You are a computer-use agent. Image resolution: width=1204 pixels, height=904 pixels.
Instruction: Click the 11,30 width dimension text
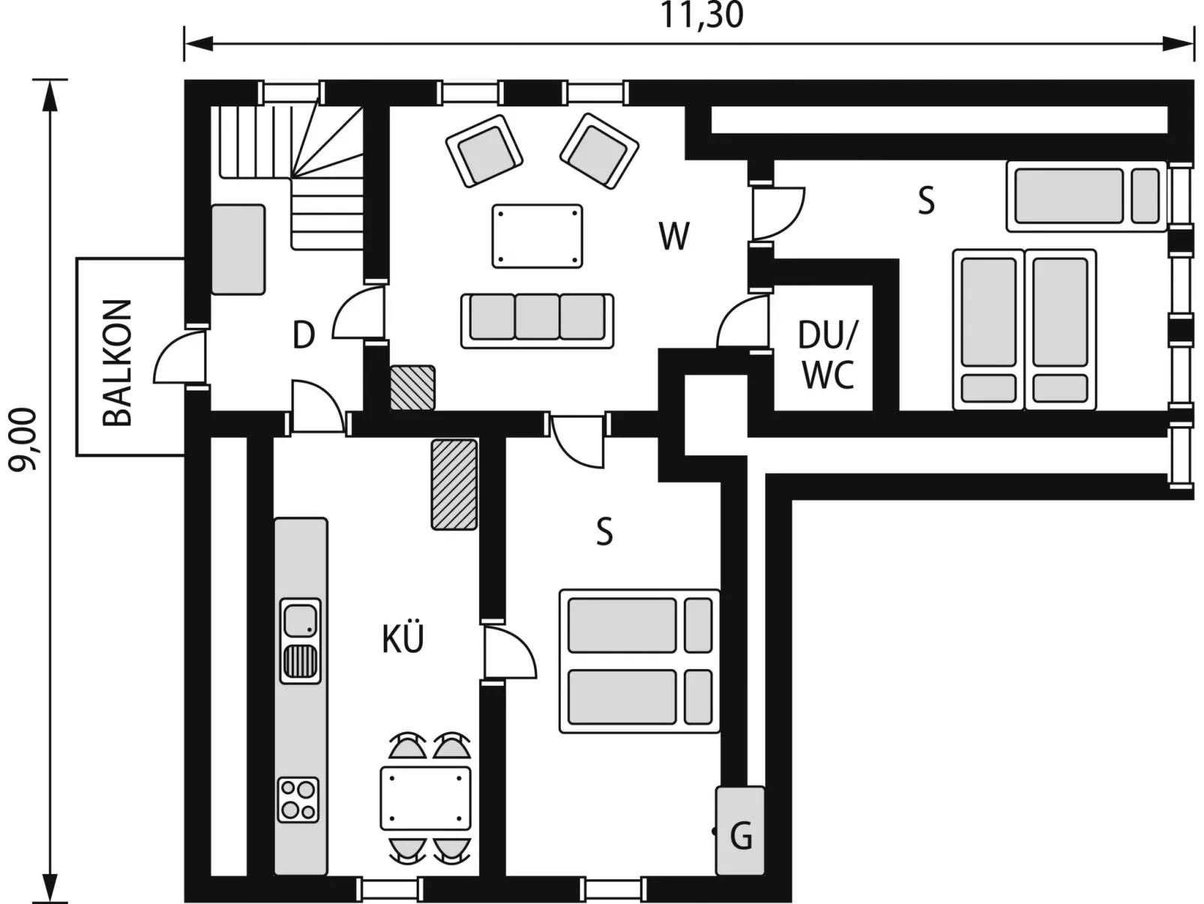(x=702, y=15)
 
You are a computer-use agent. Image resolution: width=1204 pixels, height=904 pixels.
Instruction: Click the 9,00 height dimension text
(x=22, y=439)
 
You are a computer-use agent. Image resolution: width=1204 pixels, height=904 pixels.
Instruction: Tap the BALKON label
(x=118, y=363)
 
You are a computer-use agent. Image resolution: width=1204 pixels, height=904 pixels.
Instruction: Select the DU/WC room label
(x=827, y=354)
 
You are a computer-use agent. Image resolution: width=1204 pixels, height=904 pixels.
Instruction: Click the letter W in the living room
(x=674, y=236)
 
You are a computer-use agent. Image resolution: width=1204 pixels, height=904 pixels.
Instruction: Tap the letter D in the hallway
(x=304, y=335)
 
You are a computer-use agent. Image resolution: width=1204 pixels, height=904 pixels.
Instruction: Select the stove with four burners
(x=298, y=800)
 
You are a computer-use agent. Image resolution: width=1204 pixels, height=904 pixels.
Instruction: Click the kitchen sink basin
(x=300, y=620)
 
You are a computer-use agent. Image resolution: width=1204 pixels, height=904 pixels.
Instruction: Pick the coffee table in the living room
(x=537, y=236)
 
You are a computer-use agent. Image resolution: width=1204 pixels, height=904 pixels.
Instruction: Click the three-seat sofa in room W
(x=537, y=320)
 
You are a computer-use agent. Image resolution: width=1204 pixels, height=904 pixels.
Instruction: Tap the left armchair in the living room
(x=484, y=150)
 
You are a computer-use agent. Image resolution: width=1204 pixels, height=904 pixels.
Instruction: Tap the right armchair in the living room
(x=600, y=151)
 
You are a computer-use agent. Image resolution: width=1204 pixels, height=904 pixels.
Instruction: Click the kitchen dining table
(x=426, y=798)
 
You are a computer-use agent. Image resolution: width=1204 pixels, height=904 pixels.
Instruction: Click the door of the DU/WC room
(x=743, y=322)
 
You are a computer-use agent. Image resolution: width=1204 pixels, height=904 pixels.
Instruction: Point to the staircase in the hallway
(x=292, y=177)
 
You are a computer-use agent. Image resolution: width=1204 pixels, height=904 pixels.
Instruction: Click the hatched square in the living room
(x=412, y=388)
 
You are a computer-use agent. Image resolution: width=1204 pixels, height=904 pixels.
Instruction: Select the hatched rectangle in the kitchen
(x=454, y=485)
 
